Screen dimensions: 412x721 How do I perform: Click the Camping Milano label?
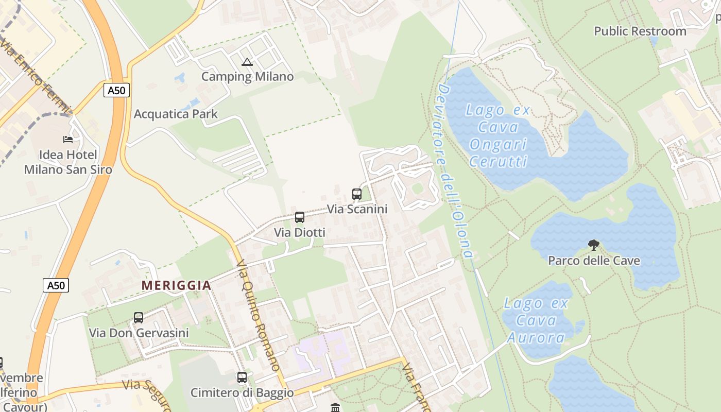click(247, 77)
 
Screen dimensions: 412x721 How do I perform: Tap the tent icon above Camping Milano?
click(247, 62)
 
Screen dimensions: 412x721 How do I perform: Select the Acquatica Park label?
click(176, 114)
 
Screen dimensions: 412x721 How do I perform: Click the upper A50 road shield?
click(116, 91)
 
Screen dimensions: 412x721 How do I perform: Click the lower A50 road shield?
click(55, 285)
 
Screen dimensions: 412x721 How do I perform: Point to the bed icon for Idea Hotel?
click(68, 139)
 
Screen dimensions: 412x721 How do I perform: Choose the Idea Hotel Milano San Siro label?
click(68, 162)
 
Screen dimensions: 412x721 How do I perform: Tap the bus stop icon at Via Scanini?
click(357, 194)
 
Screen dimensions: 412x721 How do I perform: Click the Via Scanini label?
click(357, 209)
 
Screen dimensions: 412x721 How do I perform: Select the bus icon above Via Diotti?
click(300, 217)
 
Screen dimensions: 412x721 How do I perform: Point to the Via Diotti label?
click(300, 233)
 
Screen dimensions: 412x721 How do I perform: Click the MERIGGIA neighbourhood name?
click(176, 285)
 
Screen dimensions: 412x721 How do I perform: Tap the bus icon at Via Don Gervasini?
click(139, 318)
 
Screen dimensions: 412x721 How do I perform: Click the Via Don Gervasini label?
click(139, 333)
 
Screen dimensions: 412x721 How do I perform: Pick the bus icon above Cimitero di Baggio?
click(242, 377)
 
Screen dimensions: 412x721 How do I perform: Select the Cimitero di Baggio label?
click(242, 392)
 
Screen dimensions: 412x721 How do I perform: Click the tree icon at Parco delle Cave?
click(594, 245)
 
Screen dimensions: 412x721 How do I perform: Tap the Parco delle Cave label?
click(594, 260)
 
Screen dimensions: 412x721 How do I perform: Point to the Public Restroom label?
click(640, 31)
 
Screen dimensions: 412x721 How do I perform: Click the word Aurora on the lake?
click(536, 337)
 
